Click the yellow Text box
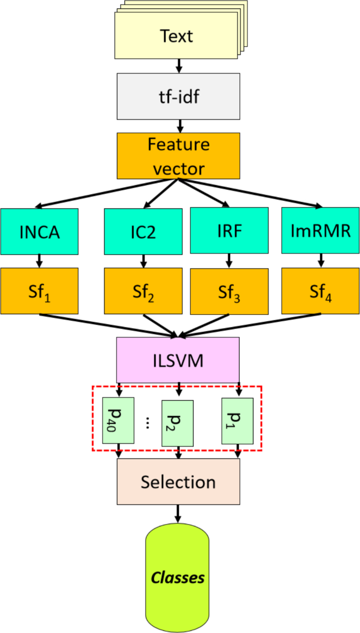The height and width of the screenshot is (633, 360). click(x=177, y=37)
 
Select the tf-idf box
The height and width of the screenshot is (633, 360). click(x=178, y=96)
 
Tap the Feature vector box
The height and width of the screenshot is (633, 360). click(x=178, y=155)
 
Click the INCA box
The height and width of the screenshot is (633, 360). click(x=39, y=231)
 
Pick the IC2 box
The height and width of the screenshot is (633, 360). click(x=143, y=231)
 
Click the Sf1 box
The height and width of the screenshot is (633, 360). click(x=39, y=291)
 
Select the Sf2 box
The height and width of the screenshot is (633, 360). click(x=143, y=291)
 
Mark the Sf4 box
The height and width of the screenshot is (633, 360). click(x=321, y=291)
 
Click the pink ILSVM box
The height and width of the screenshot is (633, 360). click(x=178, y=361)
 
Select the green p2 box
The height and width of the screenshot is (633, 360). click(x=178, y=423)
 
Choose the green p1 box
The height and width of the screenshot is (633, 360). click(x=238, y=421)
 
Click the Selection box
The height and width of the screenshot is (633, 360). click(x=178, y=482)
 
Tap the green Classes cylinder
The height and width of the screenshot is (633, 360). click(x=177, y=578)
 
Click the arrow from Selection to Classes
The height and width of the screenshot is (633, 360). click(x=178, y=513)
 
